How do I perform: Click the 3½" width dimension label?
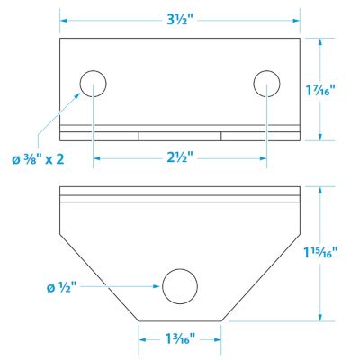pyautogui.click(x=180, y=17)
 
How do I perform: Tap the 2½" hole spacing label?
pyautogui.click(x=180, y=157)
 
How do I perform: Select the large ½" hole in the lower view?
pyautogui.click(x=180, y=288)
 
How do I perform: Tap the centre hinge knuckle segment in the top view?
pyautogui.click(x=180, y=136)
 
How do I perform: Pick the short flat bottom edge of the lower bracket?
pyautogui.click(x=180, y=321)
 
